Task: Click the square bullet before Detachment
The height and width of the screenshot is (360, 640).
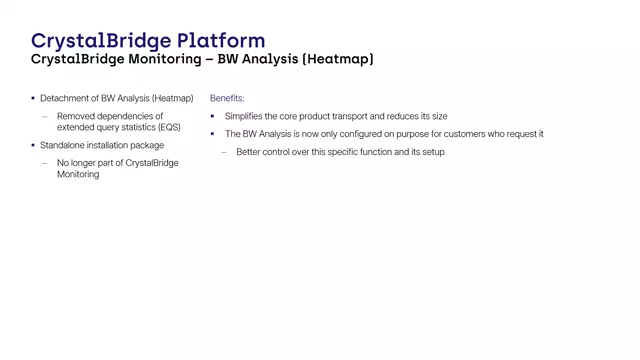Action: pyautogui.click(x=32, y=99)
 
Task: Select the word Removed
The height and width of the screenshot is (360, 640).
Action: pyautogui.click(x=76, y=116)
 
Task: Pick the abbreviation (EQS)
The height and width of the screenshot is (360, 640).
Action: pyautogui.click(x=166, y=127)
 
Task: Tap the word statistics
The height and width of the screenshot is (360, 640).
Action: pyautogui.click(x=134, y=127)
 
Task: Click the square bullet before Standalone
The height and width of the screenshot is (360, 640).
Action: pyautogui.click(x=32, y=145)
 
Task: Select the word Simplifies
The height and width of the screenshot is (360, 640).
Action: pyautogui.click(x=247, y=117)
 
